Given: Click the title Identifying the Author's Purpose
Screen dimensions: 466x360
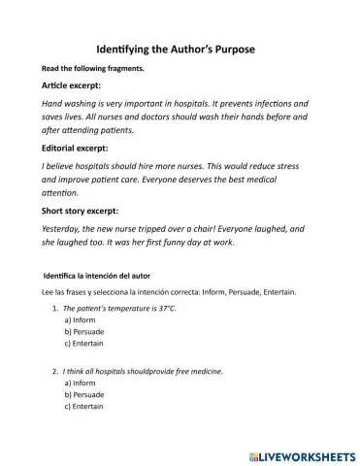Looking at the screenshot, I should pyautogui.click(x=180, y=49).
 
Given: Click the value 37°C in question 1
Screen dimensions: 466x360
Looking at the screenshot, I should pyautogui.click(x=169, y=306).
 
